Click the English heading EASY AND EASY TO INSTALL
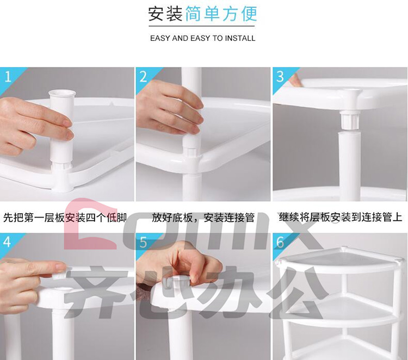pyautogui.click(x=203, y=39)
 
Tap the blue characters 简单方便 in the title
pyautogui.click(x=221, y=14)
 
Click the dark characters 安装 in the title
pyautogui.click(x=165, y=14)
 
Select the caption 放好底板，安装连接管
pyautogui.click(x=203, y=218)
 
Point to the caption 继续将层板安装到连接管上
pyautogui.click(x=341, y=217)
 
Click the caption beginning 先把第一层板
pyautogui.click(x=65, y=218)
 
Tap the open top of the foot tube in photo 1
pyautogui.click(x=62, y=93)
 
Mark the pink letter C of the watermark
pyautogui.click(x=90, y=224)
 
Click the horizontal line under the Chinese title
pyautogui.click(x=202, y=26)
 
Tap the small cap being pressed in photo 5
pyautogui.click(x=180, y=281)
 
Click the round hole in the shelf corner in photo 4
pyautogui.click(x=63, y=289)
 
